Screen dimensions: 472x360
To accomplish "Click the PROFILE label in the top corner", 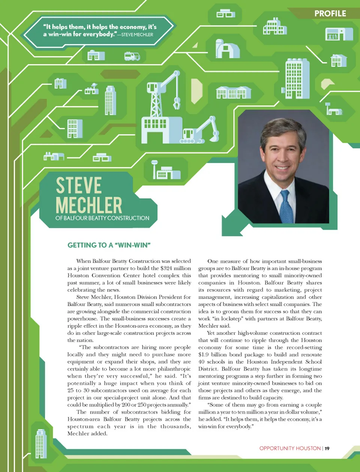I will click(330, 13).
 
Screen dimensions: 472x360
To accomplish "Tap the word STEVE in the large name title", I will click(79, 185).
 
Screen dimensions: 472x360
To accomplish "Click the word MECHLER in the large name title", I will click(89, 205).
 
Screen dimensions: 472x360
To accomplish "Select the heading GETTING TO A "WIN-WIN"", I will click(109, 245).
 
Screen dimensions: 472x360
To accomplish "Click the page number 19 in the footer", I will click(327, 448).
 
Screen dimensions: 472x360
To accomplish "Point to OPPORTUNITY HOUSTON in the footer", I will click(290, 448).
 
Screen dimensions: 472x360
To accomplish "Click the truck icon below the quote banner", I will click(132, 56).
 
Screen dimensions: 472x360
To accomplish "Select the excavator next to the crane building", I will click(202, 131).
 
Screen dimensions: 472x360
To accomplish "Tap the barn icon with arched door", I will click(227, 49).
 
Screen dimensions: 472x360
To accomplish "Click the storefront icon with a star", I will click(339, 34).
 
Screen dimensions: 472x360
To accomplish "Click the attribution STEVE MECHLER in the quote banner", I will click(137, 35).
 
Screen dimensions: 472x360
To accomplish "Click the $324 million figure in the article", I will click(175, 268).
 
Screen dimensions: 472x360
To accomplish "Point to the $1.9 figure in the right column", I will click(204, 354).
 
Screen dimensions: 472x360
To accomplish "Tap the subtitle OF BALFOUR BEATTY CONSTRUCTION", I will click(102, 218).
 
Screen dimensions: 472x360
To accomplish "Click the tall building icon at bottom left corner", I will click(40, 444).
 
